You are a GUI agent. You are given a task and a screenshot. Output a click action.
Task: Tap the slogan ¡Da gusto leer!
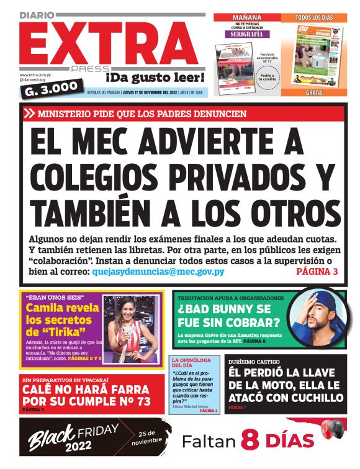(x=155, y=78)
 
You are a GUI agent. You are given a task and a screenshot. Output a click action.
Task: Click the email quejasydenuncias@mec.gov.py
(x=158, y=272)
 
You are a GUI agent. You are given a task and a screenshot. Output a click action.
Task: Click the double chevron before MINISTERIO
(x=29, y=114)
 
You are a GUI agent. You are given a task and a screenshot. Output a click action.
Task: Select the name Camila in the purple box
(x=46, y=308)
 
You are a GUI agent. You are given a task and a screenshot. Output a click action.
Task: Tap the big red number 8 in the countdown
(x=249, y=441)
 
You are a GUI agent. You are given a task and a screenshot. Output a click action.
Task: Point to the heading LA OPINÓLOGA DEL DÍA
(x=189, y=362)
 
